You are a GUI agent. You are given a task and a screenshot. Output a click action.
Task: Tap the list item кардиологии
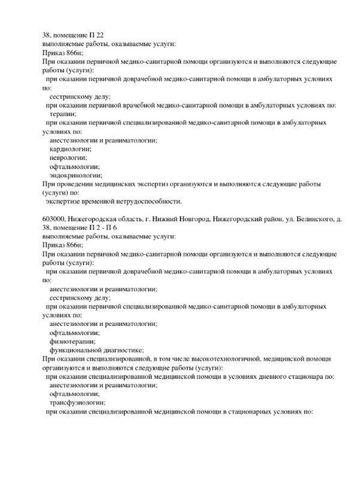[70, 148]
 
